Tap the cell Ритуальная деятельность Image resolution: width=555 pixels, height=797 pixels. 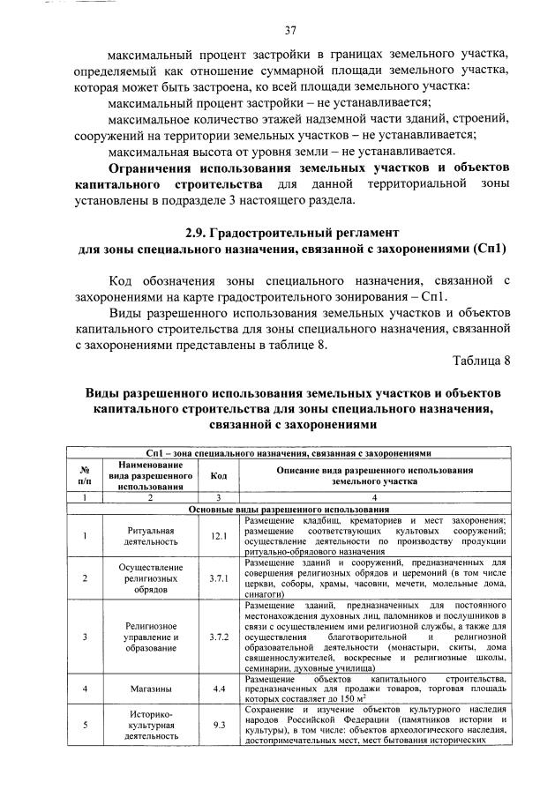coord(146,536)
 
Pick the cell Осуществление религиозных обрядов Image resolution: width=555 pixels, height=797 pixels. coord(146,578)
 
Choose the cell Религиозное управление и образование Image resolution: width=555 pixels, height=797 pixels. coord(146,636)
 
